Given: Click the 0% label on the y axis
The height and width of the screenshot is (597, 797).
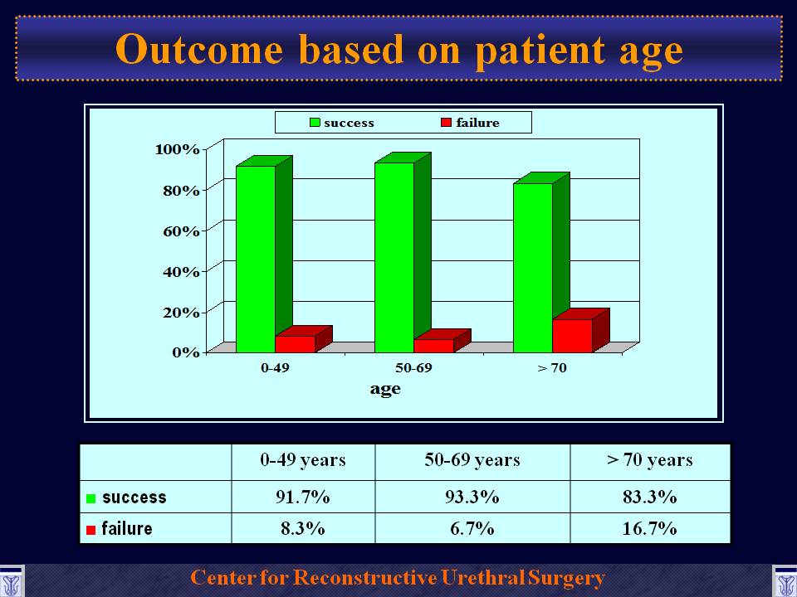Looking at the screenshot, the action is coord(185,352).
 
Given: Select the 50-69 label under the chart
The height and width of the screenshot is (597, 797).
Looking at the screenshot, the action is coord(413,367).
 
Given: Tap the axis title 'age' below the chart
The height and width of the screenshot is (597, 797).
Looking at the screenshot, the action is coord(385,390).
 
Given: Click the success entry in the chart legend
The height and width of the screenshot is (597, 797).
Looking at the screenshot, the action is coord(342,123).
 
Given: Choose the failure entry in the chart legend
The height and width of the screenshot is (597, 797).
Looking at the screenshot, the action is coord(470,123).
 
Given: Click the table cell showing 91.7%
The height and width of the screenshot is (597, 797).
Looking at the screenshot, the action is coord(303,497).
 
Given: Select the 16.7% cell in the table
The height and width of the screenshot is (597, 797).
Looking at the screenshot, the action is coord(649,528).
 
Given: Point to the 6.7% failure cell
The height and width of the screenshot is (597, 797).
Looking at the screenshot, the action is coord(472,528).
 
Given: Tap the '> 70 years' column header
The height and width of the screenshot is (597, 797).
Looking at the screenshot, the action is coord(649,460).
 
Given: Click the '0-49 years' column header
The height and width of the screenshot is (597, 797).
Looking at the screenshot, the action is coord(303,460).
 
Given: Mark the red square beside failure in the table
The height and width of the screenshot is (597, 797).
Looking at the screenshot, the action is coord(91,530).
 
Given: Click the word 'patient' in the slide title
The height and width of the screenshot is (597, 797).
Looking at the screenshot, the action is coord(540,51).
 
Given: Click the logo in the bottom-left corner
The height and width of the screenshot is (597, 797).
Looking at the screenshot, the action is coord(11,581).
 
